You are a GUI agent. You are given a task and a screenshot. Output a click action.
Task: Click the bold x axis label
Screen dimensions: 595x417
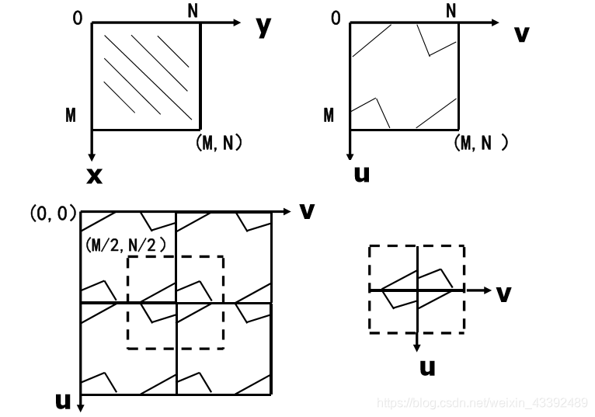[x=94, y=175]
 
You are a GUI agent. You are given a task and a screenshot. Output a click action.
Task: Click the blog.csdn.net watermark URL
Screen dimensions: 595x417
[x=481, y=402]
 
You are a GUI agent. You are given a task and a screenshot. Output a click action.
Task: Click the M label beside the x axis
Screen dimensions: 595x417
[x=71, y=116]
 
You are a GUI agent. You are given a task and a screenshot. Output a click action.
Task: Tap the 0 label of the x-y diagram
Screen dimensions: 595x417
[x=77, y=16]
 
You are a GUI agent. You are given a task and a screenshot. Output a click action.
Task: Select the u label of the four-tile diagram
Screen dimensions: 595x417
[x=63, y=401]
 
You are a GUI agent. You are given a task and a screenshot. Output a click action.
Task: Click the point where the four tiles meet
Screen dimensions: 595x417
[x=177, y=302]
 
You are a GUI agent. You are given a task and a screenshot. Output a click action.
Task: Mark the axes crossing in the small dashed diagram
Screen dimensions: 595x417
[x=418, y=290]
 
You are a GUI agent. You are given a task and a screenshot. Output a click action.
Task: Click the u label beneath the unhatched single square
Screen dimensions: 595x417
[x=361, y=172]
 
